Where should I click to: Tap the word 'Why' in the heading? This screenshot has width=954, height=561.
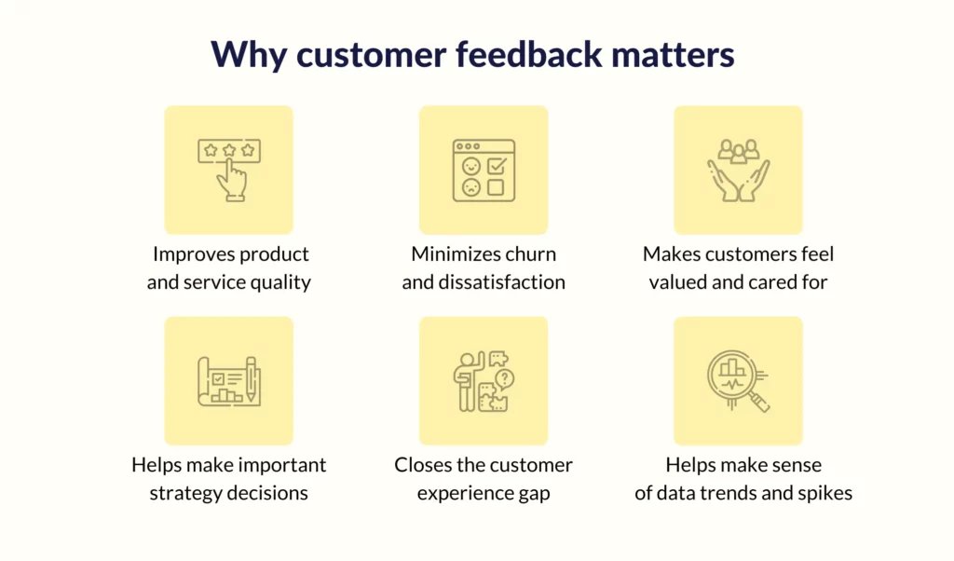[248, 55]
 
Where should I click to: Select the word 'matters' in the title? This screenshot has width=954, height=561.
[673, 54]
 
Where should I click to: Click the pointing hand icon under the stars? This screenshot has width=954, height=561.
[232, 180]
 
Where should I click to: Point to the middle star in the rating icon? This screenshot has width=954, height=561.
[229, 150]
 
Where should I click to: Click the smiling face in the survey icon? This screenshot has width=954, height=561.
[471, 166]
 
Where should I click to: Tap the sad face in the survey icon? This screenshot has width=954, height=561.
[471, 187]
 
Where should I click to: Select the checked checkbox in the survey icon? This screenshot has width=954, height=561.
[497, 166]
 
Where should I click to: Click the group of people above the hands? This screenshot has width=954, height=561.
[738, 151]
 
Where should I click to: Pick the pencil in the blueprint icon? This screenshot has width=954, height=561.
[251, 379]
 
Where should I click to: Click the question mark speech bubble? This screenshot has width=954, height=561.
[504, 379]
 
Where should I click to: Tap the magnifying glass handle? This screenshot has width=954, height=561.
[758, 401]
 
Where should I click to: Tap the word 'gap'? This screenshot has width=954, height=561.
[534, 494]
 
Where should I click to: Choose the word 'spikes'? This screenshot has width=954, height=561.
[825, 493]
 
